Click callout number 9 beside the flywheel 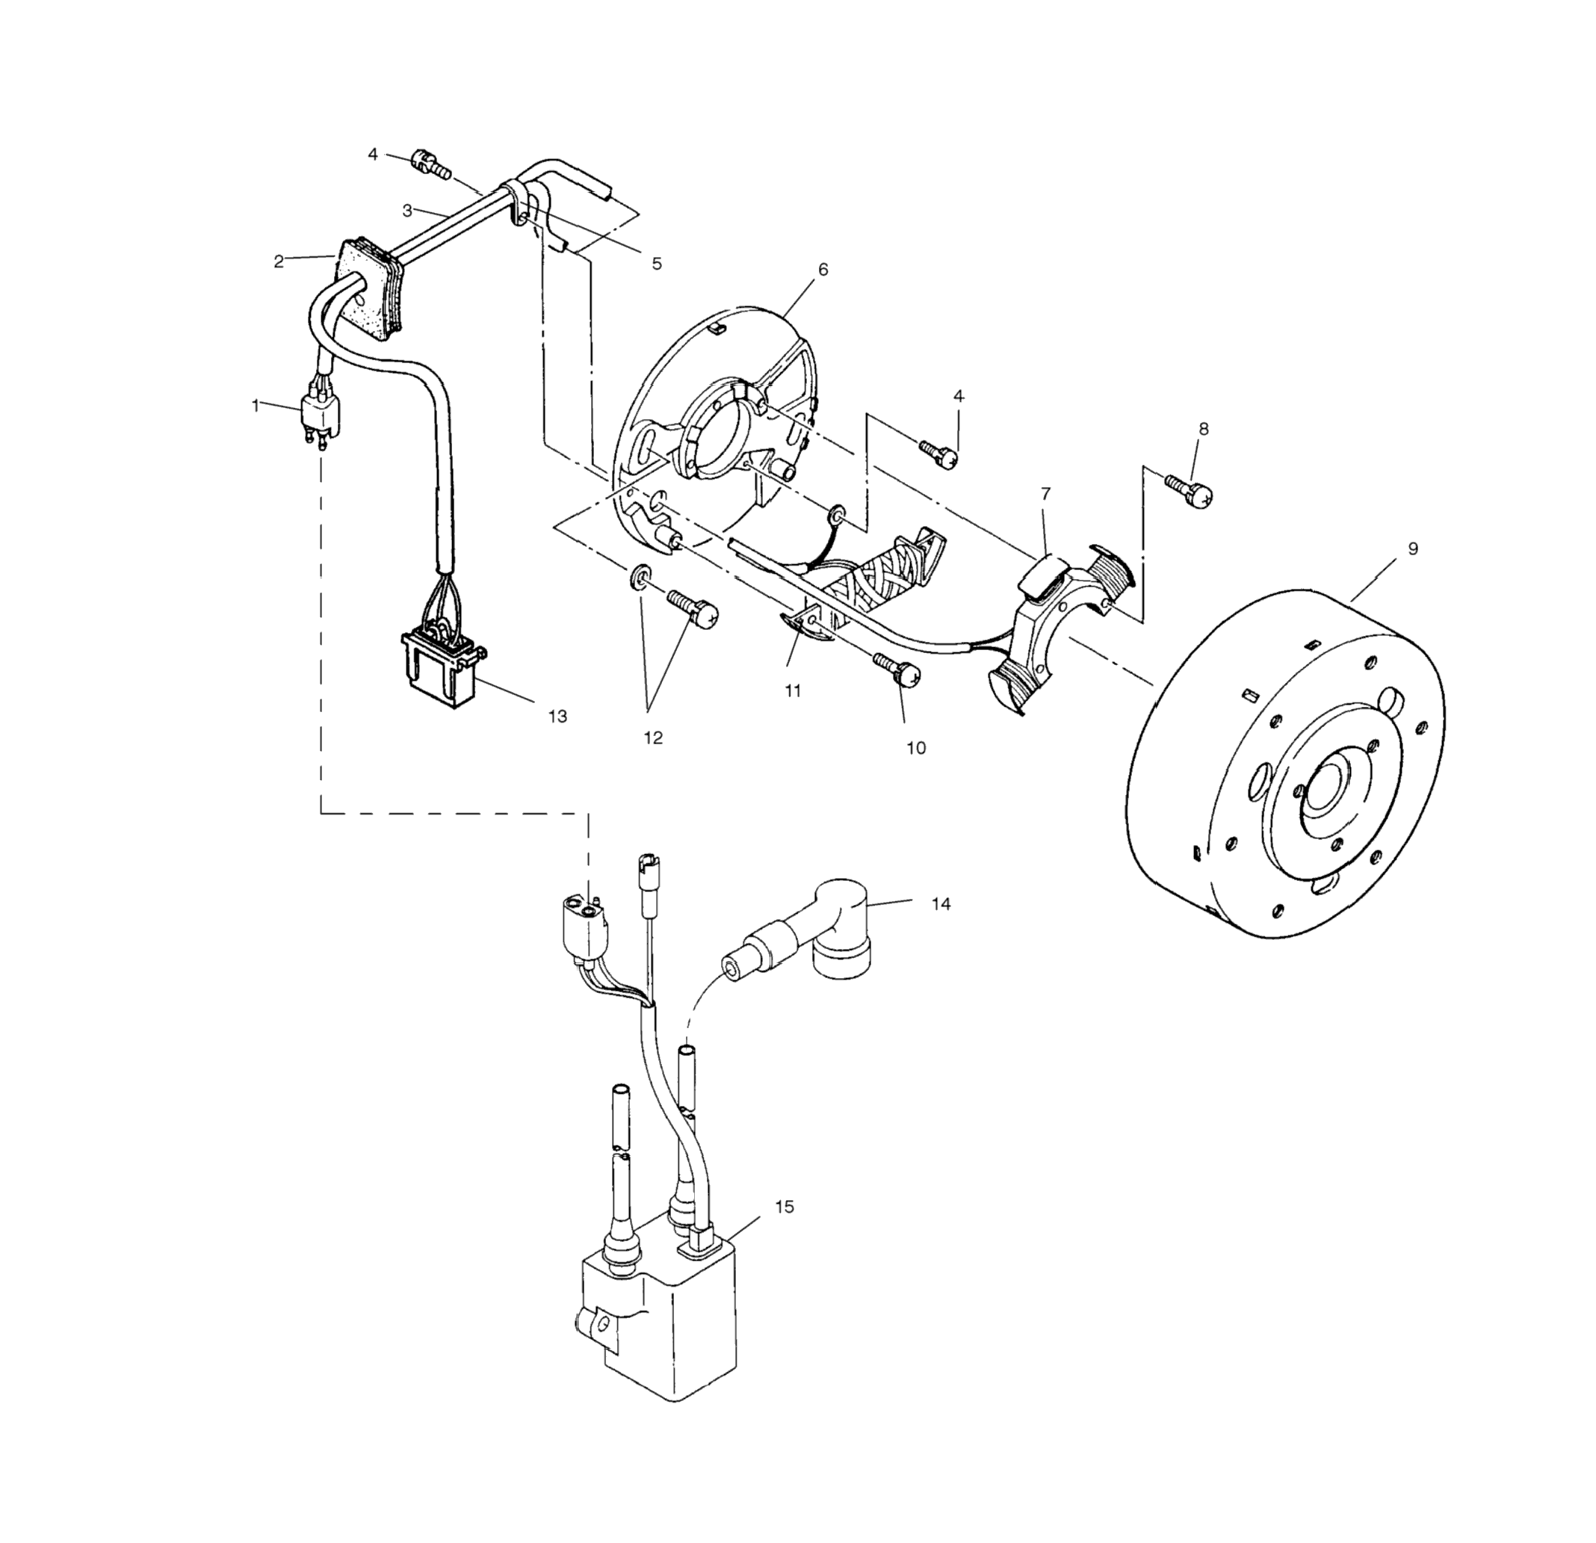(x=1413, y=548)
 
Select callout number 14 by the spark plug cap (x=941, y=904)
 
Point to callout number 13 (x=557, y=717)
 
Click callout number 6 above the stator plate (x=823, y=270)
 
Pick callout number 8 (x=1204, y=429)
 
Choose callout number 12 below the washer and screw (x=653, y=738)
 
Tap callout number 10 (x=916, y=747)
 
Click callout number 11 (x=793, y=690)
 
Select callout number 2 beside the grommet (x=279, y=262)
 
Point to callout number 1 (x=256, y=405)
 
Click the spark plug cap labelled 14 (x=838, y=928)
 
